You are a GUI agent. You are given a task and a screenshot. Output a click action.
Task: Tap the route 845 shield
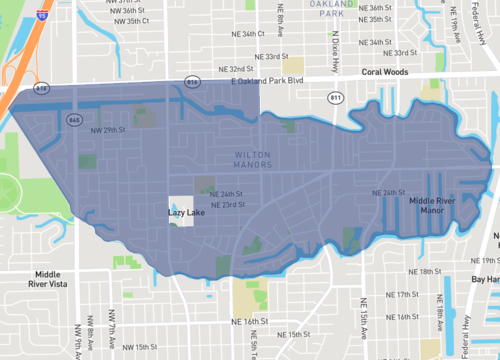pyautogui.click(x=75, y=119)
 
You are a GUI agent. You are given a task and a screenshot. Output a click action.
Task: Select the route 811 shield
pyautogui.click(x=335, y=97)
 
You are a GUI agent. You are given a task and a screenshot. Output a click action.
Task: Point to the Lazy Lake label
pyautogui.click(x=186, y=212)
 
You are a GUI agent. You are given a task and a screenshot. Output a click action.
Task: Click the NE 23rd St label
pyautogui.click(x=235, y=204)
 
